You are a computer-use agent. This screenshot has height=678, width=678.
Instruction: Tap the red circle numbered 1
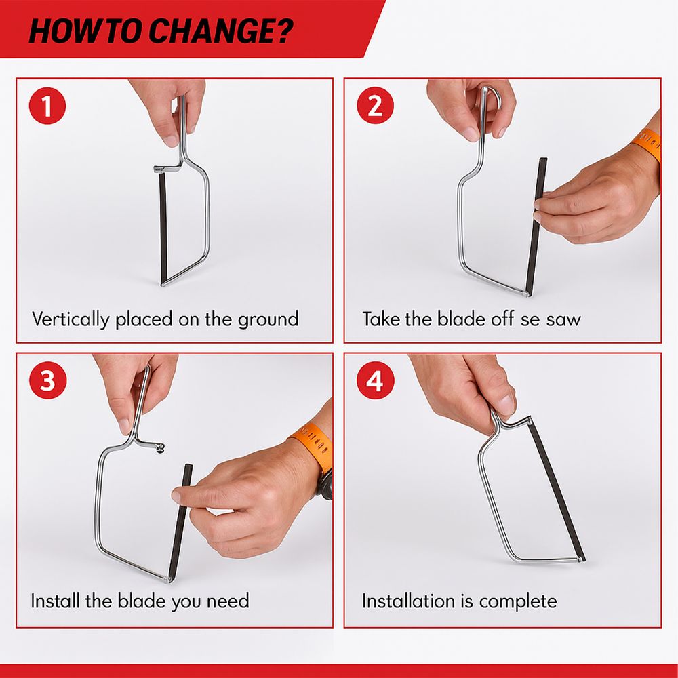[x=47, y=106]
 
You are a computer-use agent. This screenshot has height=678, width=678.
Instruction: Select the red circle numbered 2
[x=376, y=106]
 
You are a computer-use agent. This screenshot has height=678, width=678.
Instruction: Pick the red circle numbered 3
[x=47, y=380]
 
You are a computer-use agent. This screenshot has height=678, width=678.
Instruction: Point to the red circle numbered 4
[x=376, y=380]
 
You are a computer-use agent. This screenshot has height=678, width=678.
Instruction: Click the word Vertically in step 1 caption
[x=71, y=319]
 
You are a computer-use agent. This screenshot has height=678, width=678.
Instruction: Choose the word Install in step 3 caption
[x=54, y=601]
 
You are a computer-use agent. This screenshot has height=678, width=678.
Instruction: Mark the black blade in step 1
[x=163, y=228]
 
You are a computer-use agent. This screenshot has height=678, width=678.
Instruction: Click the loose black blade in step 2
[x=536, y=226]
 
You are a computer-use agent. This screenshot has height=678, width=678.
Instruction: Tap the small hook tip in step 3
[x=160, y=448]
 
